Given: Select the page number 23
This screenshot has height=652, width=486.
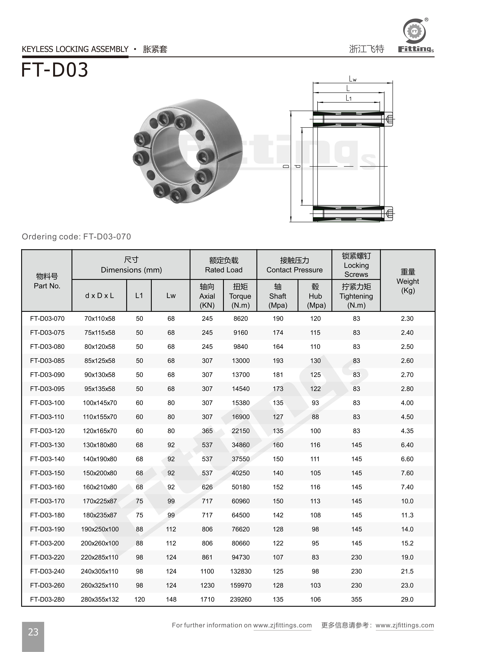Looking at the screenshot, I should coord(33,632).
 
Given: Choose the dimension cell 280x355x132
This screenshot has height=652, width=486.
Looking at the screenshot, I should coord(100,599).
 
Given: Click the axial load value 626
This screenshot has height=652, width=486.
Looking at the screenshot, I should coord(207,487).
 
